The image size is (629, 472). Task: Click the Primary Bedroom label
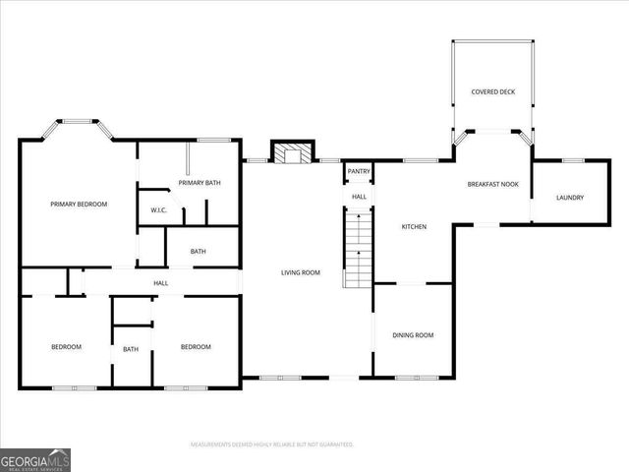tap(79, 204)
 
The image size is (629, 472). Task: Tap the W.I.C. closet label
tap(158, 210)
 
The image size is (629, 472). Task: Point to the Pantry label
tap(359, 172)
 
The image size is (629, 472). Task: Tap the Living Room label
tap(301, 272)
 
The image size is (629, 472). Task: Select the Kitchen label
tap(414, 227)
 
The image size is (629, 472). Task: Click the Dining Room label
tap(413, 335)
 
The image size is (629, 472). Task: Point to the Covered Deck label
tap(492, 91)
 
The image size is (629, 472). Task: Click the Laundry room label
tap(569, 198)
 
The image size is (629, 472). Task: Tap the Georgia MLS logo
tap(34, 459)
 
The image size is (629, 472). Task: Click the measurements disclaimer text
tap(271, 444)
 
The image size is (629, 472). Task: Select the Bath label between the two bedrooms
tap(131, 349)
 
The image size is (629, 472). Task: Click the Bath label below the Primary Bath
tap(199, 252)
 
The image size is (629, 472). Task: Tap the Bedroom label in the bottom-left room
tap(66, 346)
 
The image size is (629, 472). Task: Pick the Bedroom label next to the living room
tap(196, 346)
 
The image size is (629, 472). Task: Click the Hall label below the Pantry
tap(360, 197)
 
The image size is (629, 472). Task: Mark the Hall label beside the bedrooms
tap(160, 283)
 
